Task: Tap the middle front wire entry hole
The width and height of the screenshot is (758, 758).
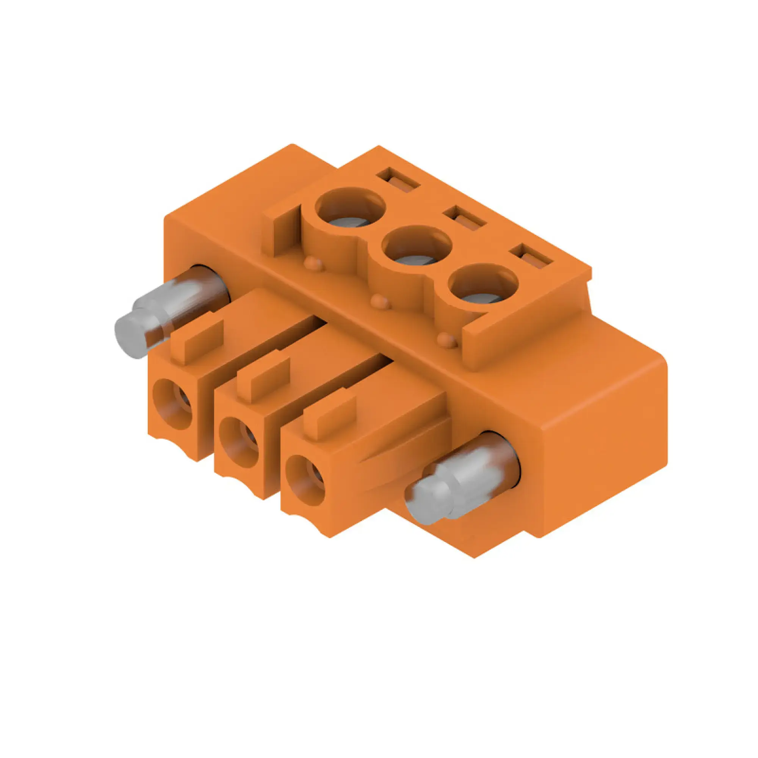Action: click(x=239, y=442)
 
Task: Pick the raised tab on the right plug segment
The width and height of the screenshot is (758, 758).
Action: click(x=330, y=417)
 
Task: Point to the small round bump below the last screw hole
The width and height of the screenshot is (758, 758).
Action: click(x=447, y=340)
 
